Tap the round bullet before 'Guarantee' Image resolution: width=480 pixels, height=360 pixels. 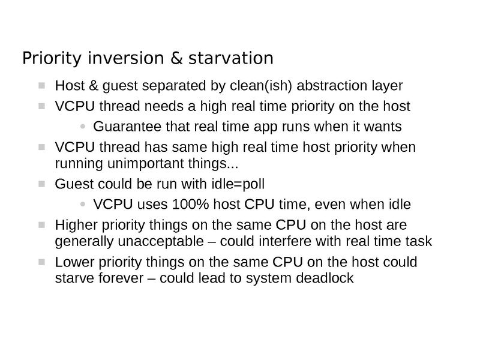83,127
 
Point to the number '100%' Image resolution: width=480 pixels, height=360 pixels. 190,205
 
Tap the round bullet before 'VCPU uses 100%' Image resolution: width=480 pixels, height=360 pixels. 83,205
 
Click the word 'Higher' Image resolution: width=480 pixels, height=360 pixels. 73,226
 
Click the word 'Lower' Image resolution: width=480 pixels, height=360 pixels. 71,263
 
